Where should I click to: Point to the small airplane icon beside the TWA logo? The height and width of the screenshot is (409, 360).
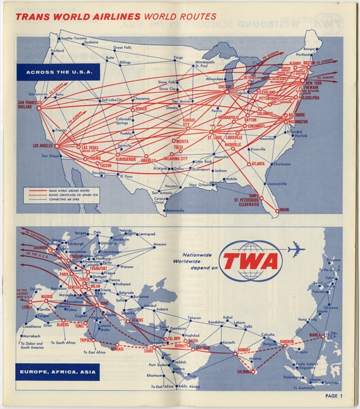[296, 249]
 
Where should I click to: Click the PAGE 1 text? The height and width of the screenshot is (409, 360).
[333, 395]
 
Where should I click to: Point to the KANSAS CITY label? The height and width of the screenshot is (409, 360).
[195, 123]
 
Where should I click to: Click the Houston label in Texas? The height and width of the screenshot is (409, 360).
[171, 186]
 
